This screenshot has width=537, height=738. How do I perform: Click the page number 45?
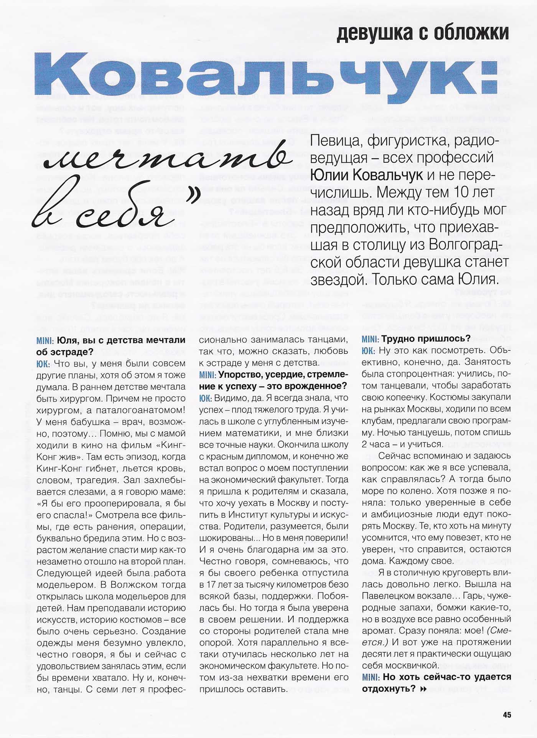point(507,715)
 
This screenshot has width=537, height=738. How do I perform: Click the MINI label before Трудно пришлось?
point(370,339)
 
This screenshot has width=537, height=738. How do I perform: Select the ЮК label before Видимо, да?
point(205,398)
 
